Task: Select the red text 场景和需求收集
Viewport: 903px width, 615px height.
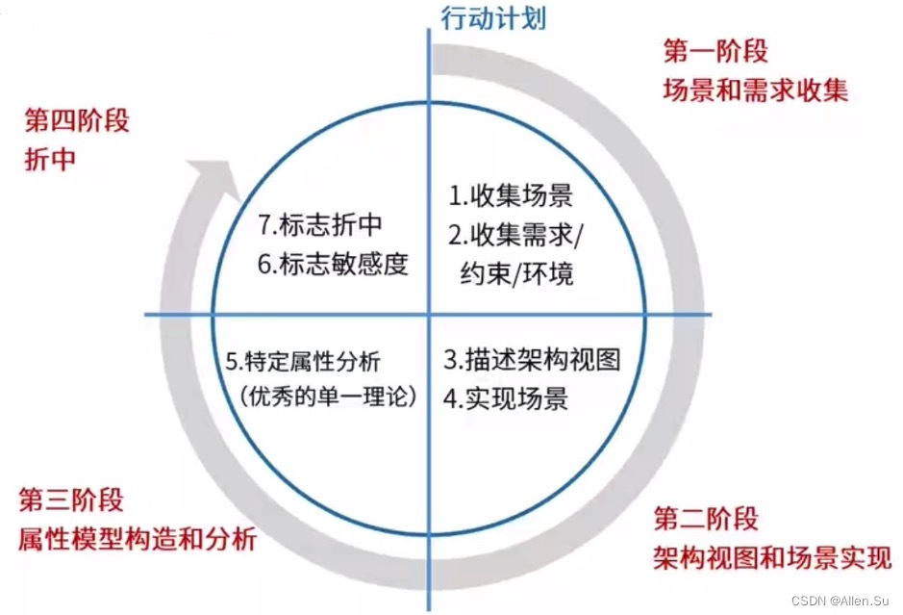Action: point(755,91)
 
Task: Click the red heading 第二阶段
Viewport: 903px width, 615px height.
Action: point(706,520)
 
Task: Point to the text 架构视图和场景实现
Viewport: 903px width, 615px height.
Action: point(772,556)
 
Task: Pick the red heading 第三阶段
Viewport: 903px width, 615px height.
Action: point(71,500)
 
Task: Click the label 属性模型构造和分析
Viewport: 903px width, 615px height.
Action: point(137,539)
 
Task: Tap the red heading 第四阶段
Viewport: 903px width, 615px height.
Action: point(76,122)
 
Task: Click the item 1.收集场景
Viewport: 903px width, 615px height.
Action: point(511,196)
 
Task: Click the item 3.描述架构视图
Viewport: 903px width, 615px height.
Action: point(532,360)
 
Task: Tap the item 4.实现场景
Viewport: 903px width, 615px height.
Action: point(506,397)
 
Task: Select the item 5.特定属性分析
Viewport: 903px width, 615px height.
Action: point(304,362)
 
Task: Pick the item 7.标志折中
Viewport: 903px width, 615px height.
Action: point(320,224)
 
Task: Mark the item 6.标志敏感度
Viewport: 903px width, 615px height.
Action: point(333,263)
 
